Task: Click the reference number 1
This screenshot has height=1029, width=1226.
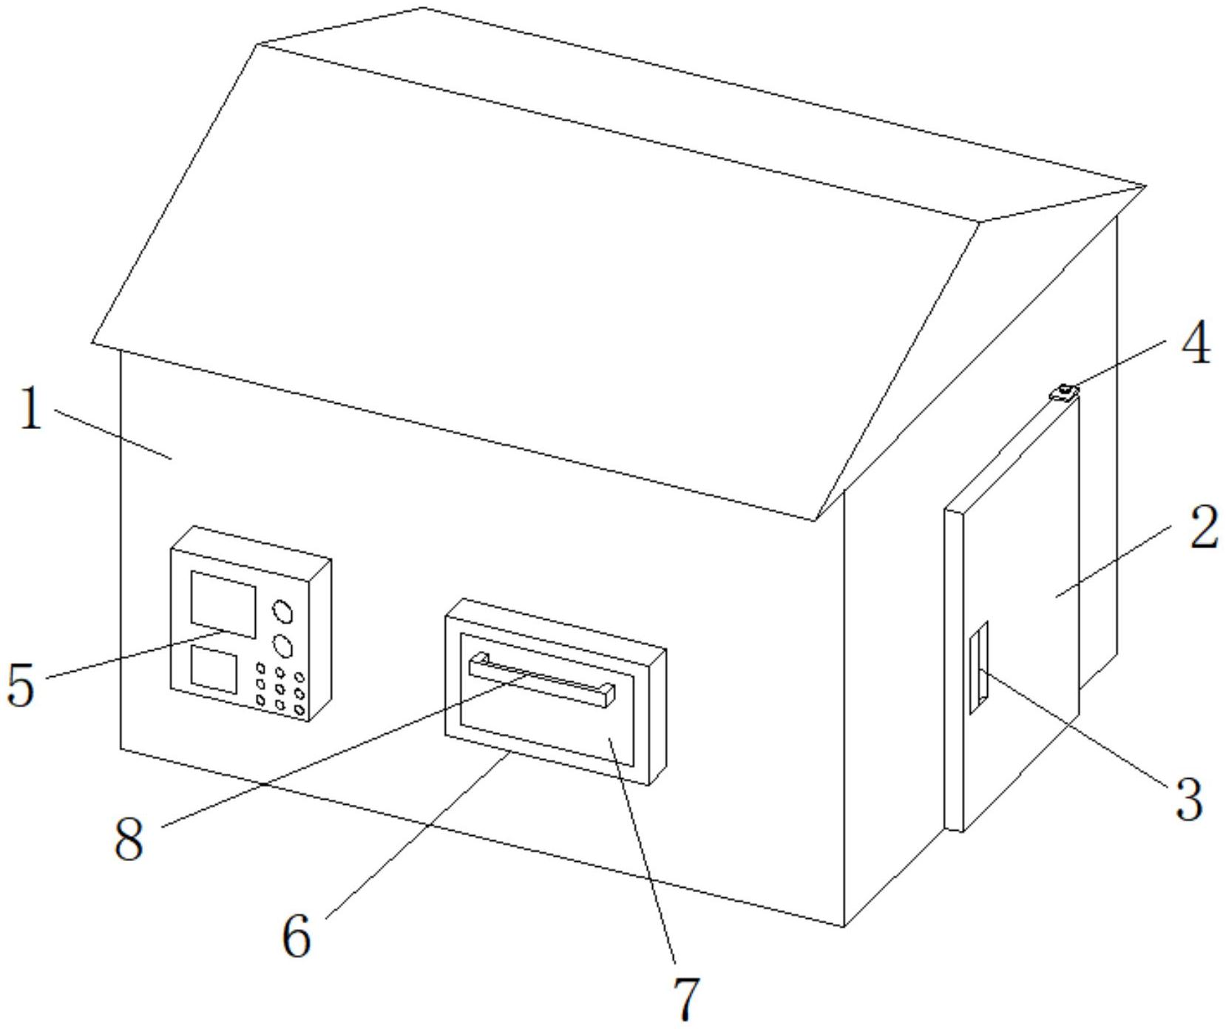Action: (x=30, y=409)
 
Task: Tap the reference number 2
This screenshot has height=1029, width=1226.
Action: (x=1203, y=528)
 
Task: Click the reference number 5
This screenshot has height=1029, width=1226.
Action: (x=21, y=684)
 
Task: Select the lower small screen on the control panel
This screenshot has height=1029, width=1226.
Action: (x=214, y=669)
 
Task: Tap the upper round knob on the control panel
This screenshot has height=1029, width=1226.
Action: (x=282, y=612)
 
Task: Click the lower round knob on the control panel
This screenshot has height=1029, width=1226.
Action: (x=282, y=646)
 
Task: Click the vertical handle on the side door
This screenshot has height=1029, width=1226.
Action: (x=979, y=667)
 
